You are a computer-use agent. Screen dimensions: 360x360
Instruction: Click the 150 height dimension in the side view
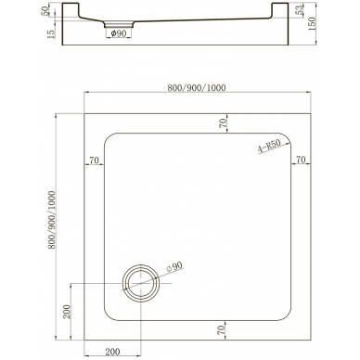click(312, 23)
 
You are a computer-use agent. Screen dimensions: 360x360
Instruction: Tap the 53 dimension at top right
click(299, 10)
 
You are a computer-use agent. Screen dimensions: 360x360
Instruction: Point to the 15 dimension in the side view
click(51, 32)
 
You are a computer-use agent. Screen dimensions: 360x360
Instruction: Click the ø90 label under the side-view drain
click(119, 33)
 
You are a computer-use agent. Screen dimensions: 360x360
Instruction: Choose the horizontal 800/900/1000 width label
click(197, 88)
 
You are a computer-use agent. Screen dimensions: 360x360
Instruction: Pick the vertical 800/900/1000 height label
click(52, 220)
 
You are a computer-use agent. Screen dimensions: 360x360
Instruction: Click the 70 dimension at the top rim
click(223, 123)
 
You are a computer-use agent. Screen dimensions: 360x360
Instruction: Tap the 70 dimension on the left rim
click(94, 161)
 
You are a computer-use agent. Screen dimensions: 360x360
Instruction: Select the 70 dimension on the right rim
click(301, 160)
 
